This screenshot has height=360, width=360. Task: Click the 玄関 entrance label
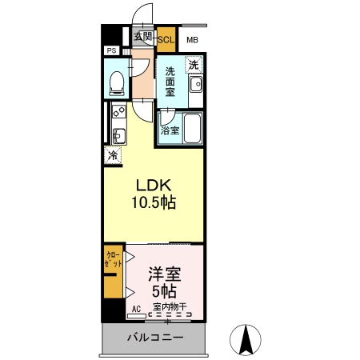pos(142,36)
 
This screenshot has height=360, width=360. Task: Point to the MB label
pos(193,40)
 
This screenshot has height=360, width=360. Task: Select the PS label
pos(110,51)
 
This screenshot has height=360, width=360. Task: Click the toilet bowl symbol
pos(117,81)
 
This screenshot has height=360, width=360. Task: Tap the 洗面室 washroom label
pos(170,82)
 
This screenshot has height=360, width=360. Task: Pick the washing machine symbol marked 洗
pos(194,64)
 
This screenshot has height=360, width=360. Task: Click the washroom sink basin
pos(195,85)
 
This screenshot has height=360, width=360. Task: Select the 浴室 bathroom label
pos(169,130)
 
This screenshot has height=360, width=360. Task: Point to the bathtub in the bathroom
pos(192,128)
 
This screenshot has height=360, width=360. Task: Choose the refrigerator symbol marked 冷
pos(113,155)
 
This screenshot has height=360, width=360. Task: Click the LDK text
pos(153,185)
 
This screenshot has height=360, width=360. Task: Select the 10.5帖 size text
pos(154,203)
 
